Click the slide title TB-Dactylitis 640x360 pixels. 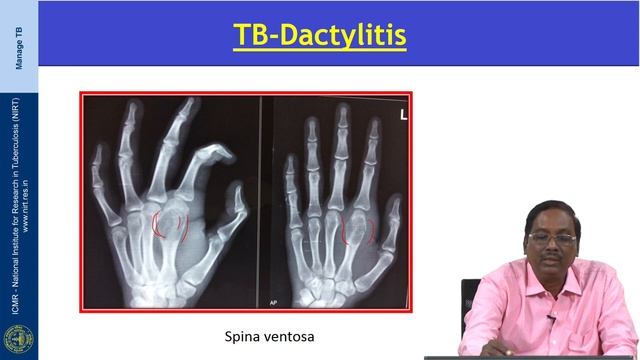pyautogui.click(x=320, y=35)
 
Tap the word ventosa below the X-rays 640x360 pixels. pyautogui.click(x=291, y=337)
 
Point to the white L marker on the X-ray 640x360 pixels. pyautogui.click(x=403, y=116)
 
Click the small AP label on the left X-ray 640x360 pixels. pyautogui.click(x=243, y=299)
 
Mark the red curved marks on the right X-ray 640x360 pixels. pyautogui.click(x=358, y=233)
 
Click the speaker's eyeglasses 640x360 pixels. pyautogui.click(x=553, y=240)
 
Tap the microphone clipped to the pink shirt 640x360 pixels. pyautogui.click(x=552, y=317)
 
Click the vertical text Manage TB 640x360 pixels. pyautogui.click(x=19, y=50)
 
